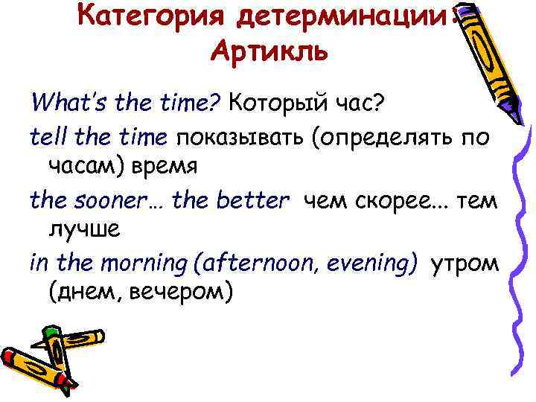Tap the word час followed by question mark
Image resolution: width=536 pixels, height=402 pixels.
coord(360,101)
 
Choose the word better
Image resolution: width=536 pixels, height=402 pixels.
coord(252,199)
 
